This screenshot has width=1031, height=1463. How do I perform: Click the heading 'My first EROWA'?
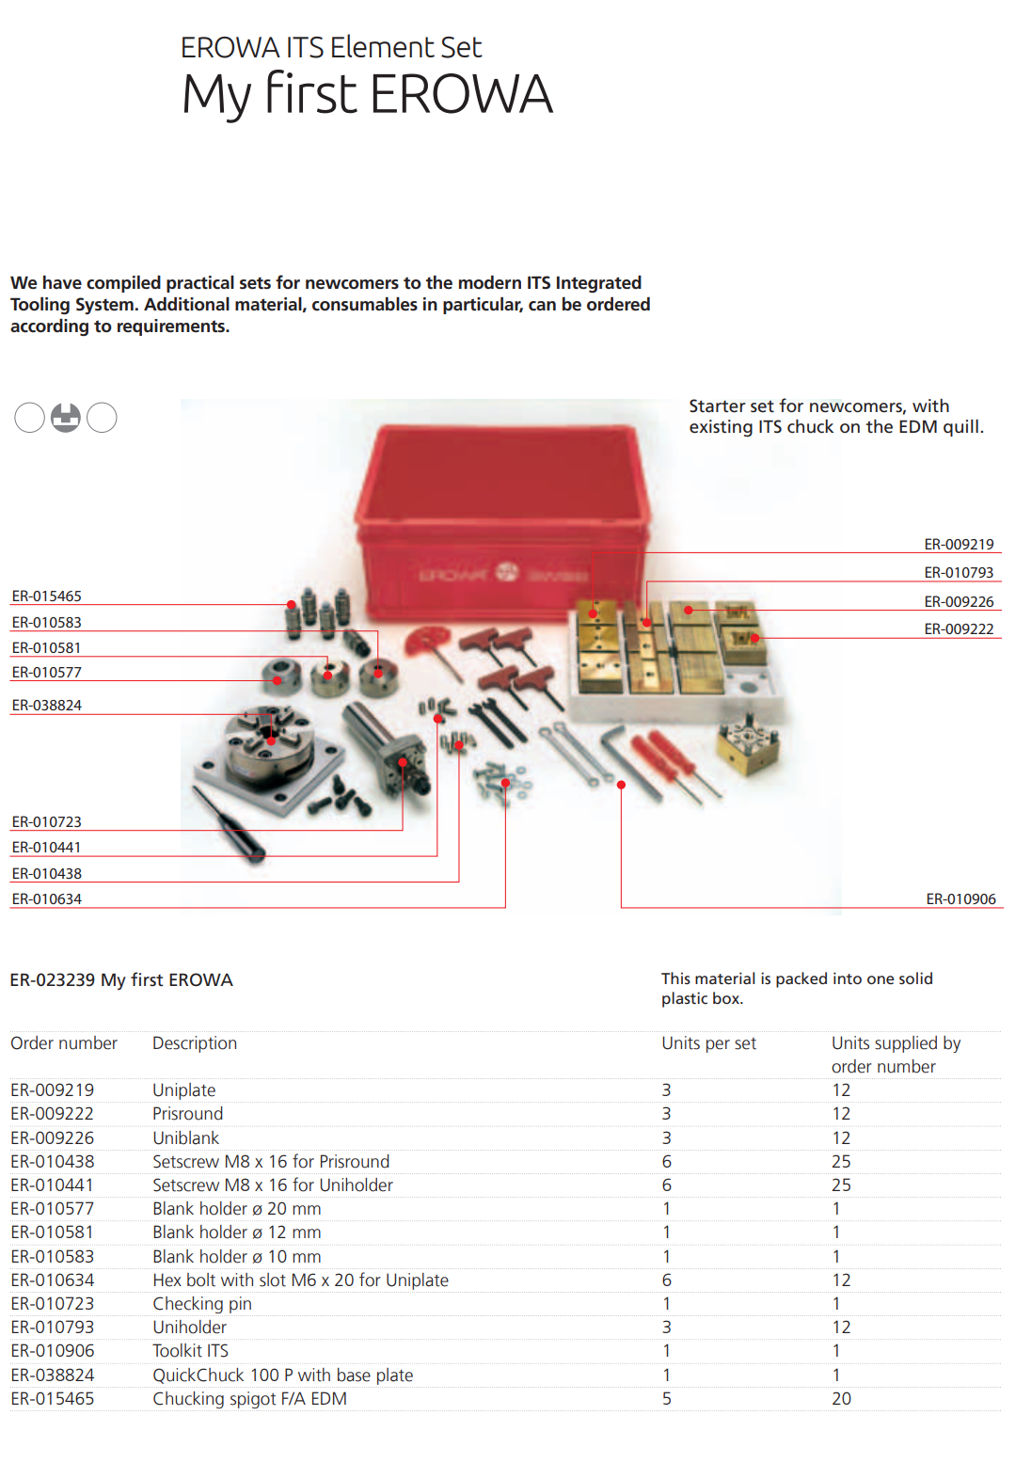tap(367, 94)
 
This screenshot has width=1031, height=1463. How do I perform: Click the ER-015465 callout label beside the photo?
tap(47, 596)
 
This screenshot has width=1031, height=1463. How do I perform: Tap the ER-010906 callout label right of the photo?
tap(960, 899)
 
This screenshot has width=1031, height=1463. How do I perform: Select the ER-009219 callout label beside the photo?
tap(959, 545)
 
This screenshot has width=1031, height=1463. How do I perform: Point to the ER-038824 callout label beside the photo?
tap(47, 706)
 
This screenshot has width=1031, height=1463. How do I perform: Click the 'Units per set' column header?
tap(708, 1043)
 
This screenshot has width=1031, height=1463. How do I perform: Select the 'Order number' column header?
tap(64, 1043)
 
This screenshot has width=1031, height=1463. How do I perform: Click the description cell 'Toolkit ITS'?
tap(191, 1351)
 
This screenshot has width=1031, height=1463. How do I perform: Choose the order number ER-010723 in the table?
tap(53, 1304)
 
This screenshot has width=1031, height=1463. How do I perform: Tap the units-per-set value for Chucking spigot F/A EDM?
tap(667, 1399)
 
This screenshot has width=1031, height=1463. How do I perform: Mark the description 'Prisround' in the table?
tap(188, 1114)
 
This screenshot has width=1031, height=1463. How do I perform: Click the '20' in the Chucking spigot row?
tap(841, 1399)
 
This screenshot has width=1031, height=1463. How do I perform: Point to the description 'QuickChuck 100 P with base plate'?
tap(283, 1376)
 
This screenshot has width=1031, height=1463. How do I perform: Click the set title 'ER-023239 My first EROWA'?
tap(121, 980)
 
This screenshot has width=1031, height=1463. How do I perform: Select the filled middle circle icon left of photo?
tap(66, 417)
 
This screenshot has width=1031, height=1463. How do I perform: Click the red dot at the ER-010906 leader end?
tap(621, 785)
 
